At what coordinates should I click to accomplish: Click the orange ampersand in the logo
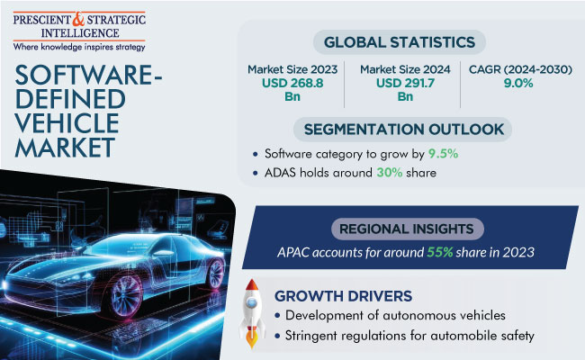point(78,19)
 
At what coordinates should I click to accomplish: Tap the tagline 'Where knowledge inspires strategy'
point(79,47)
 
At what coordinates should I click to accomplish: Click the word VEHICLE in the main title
point(67,123)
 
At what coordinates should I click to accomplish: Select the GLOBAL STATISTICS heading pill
point(400,42)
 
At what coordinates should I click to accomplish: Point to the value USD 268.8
point(292,83)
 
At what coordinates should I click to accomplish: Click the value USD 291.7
point(405,83)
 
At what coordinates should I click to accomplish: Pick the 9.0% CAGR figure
point(518,83)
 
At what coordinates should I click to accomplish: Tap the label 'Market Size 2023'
point(292,69)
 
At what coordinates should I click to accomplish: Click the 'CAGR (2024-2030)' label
point(520,69)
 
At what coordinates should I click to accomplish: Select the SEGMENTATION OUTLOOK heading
point(403,130)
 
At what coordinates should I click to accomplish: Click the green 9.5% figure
point(443,154)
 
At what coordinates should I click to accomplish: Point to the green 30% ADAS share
point(389,173)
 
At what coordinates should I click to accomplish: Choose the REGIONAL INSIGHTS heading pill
point(407,229)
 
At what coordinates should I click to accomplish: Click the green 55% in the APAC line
point(440,252)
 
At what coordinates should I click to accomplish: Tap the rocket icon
point(252,314)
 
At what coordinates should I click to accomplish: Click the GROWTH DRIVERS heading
point(343,296)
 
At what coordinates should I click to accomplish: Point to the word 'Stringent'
point(310,336)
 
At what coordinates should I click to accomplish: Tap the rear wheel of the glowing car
point(215,274)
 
